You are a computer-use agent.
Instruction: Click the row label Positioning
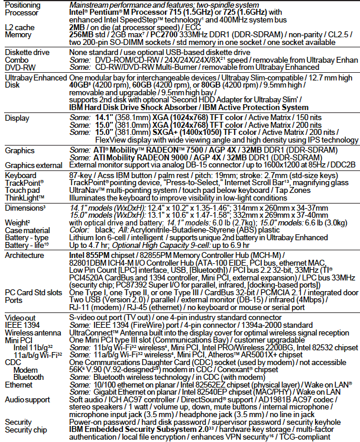tap(22, 4)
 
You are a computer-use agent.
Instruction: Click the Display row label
tap(17, 118)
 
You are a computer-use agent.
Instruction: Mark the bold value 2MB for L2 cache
tap(77, 27)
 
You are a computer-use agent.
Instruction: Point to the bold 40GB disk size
tap(80, 85)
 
